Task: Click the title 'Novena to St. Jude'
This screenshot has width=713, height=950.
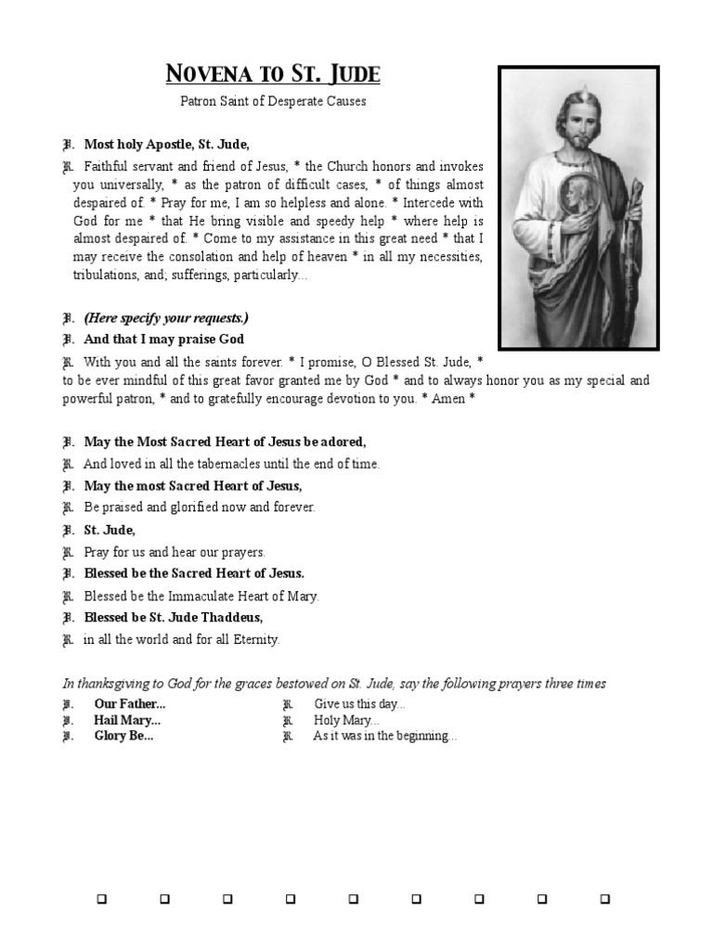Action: [x=272, y=74]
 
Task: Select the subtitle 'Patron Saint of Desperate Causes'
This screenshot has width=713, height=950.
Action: [x=272, y=101]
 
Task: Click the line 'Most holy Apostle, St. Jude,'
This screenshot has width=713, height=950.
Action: [x=167, y=144]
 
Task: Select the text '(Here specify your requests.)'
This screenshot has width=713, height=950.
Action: [x=166, y=317]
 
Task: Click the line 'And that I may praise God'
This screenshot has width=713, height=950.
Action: [x=163, y=339]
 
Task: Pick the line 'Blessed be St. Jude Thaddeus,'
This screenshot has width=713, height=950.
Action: [x=174, y=617]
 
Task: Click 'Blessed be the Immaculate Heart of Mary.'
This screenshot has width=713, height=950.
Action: [x=201, y=596]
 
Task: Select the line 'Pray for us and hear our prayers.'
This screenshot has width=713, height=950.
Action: [x=175, y=551]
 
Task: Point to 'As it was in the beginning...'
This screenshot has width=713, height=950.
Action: [x=384, y=736]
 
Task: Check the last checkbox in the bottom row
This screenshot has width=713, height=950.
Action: [x=604, y=899]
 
